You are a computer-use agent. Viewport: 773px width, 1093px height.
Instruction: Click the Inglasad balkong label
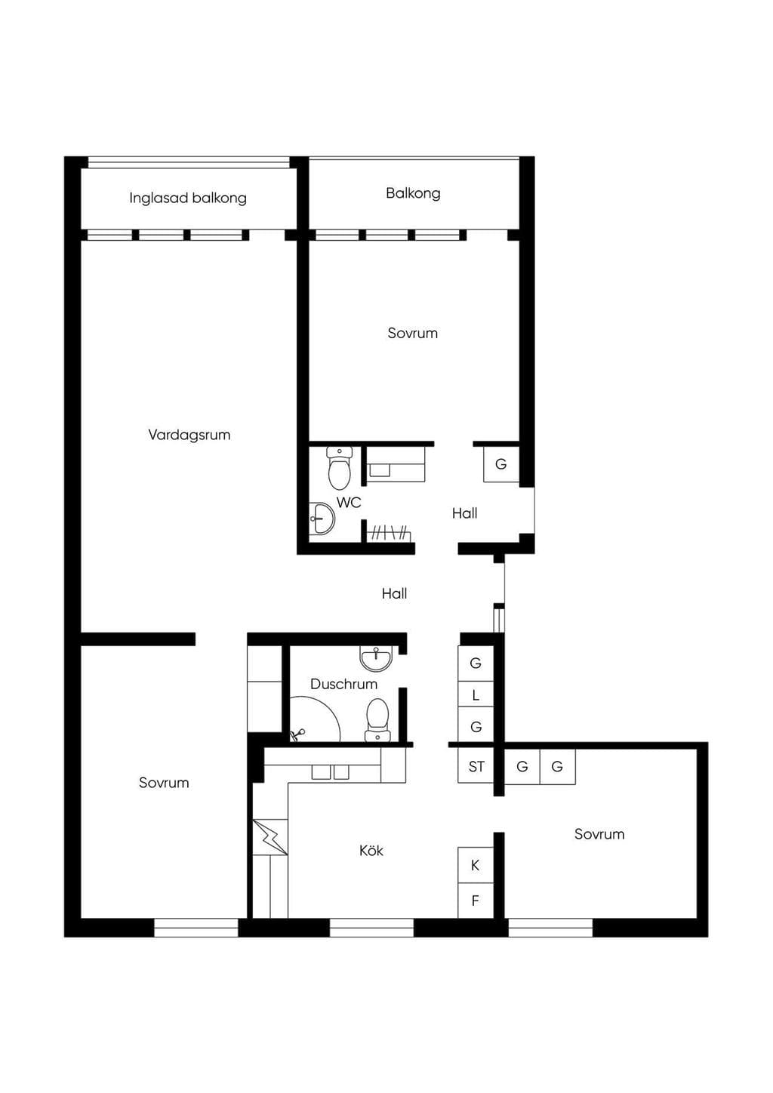pos(188,198)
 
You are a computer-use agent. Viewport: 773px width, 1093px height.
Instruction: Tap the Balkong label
pos(413,193)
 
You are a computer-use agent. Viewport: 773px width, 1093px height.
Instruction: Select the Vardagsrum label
pos(189,435)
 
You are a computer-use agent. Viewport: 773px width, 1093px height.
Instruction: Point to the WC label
pos(349,502)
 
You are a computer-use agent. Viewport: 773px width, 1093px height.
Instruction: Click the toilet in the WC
pos(339,469)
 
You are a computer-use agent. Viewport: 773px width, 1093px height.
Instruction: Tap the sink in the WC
pos(322,519)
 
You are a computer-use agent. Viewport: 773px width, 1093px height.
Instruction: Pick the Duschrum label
pos(343,684)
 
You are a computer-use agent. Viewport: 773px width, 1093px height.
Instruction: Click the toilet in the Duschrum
pos(377,719)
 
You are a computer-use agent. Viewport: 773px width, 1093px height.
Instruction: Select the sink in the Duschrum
pos(376,658)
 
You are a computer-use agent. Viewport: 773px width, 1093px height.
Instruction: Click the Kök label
pos(371,851)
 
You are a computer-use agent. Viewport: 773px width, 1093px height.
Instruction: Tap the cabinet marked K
pos(476,865)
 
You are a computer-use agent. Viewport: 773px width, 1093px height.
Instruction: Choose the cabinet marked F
pos(476,901)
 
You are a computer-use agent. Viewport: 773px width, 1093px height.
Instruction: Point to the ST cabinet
pos(476,767)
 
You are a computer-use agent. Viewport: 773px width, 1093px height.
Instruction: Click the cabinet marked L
pos(476,696)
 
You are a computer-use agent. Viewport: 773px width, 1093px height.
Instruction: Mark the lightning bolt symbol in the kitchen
pos(269,836)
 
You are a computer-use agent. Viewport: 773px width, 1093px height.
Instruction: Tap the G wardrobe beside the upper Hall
pos(501,464)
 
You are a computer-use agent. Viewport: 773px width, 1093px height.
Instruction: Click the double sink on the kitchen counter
pos(331,772)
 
